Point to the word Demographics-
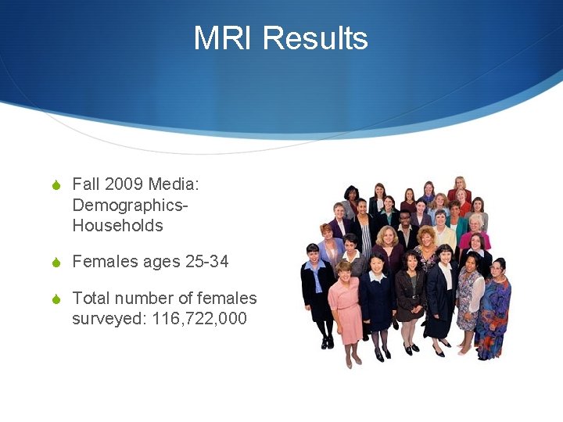click(131, 205)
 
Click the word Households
click(117, 226)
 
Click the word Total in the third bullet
click(91, 298)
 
